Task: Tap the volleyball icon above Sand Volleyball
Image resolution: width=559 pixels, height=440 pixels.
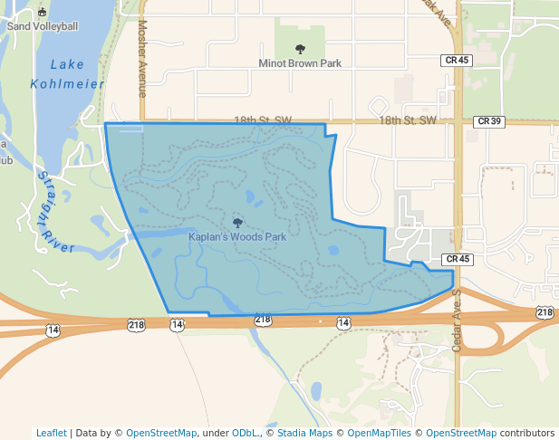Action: [x=43, y=13]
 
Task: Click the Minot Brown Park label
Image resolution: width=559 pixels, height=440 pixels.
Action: [x=300, y=63]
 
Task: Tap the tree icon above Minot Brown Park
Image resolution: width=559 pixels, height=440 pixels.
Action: [x=301, y=49]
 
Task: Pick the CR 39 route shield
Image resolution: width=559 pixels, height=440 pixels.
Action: [x=487, y=120]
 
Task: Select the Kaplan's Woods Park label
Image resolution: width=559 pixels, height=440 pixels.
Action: [x=237, y=236]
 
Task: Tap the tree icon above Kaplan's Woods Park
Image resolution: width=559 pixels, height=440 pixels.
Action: [x=237, y=222]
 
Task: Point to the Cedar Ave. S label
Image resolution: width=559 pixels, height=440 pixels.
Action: [x=457, y=321]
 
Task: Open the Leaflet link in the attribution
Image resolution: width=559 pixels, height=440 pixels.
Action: [x=51, y=433]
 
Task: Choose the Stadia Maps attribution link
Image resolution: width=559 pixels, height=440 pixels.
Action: [x=304, y=433]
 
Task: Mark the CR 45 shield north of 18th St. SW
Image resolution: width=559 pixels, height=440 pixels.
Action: [x=458, y=60]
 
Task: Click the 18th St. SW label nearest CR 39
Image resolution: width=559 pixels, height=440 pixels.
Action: [x=408, y=120]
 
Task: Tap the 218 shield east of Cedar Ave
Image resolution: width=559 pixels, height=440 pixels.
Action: [x=544, y=312]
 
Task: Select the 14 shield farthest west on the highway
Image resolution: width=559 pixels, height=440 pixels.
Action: [x=53, y=330]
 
